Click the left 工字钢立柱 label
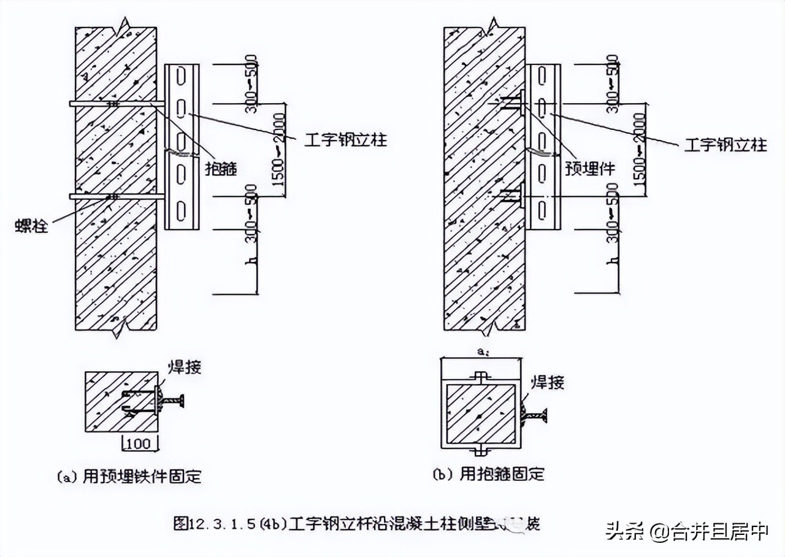coord(345,140)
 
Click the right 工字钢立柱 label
coord(725,145)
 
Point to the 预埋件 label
coord(589,169)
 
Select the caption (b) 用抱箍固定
coord(489,474)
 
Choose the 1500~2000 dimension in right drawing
coord(641,150)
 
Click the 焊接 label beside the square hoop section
coord(547,383)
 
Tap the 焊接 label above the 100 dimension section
coord(185,367)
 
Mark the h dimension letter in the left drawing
coord(250,262)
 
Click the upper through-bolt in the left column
coord(117,104)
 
